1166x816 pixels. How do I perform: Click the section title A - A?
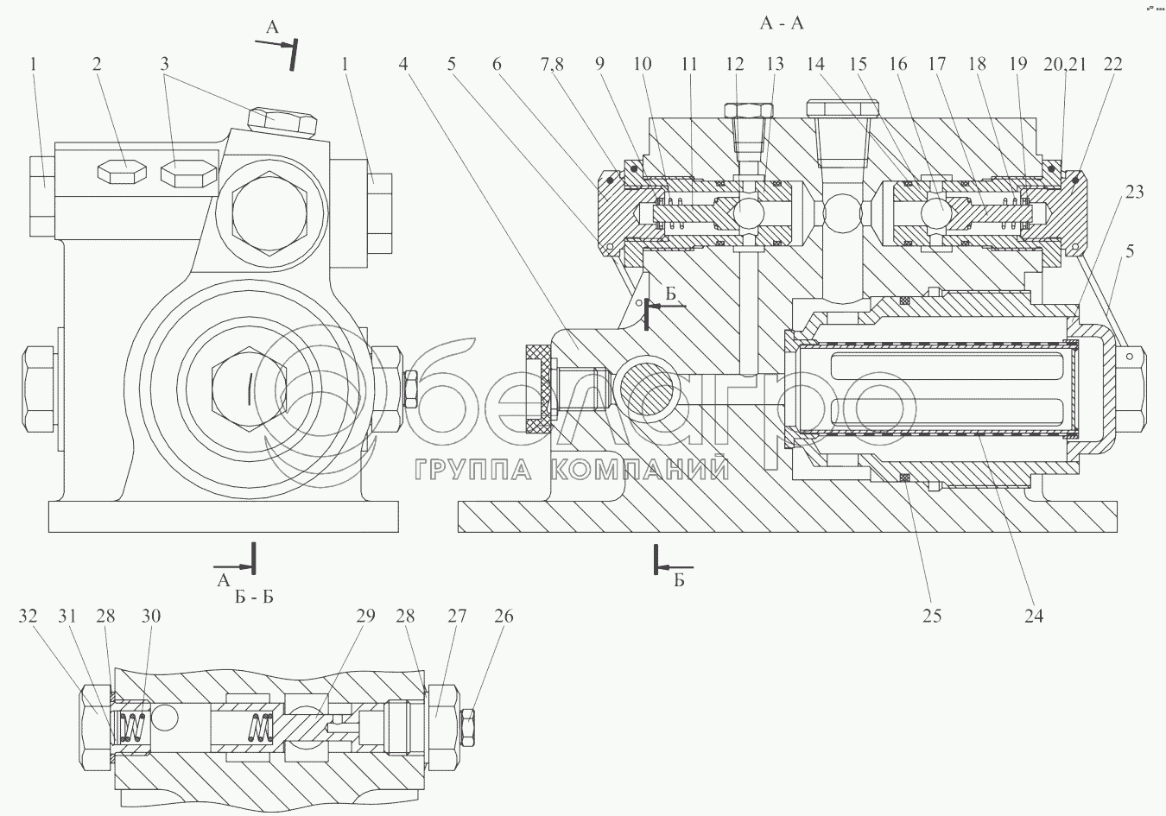click(781, 23)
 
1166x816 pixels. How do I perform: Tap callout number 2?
click(98, 64)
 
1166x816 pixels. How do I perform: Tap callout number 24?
click(1033, 616)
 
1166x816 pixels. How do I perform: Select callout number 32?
click(29, 616)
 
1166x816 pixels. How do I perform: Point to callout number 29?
click(365, 616)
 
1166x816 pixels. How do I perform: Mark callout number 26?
click(504, 616)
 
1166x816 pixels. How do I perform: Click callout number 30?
click(152, 616)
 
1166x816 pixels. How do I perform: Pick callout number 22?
click(1113, 64)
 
